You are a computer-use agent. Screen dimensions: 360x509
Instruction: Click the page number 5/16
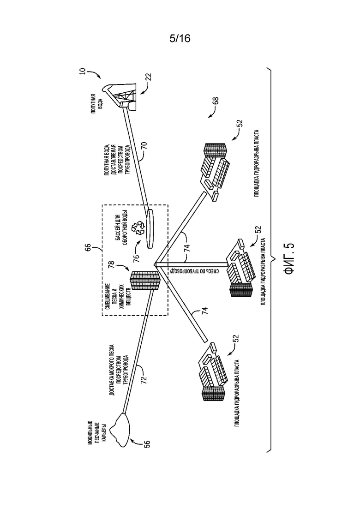point(180,38)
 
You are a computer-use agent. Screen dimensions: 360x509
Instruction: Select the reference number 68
point(216,101)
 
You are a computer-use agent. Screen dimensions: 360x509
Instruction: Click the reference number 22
point(148,77)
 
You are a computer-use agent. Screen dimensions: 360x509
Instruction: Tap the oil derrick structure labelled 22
point(120,97)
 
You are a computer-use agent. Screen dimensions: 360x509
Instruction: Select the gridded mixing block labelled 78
point(145,281)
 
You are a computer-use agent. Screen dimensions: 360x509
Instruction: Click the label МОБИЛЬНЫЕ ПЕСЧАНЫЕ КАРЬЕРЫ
point(97,432)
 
